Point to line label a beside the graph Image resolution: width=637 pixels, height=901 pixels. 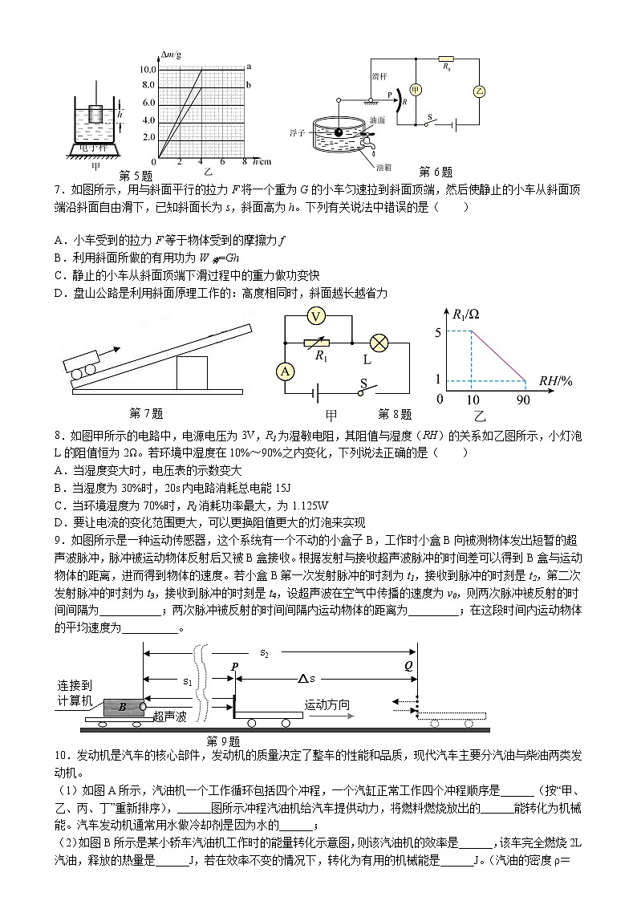(x=250, y=67)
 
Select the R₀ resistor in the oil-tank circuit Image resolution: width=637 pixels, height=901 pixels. (x=447, y=59)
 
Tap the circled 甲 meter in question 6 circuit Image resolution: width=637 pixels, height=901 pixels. (x=416, y=90)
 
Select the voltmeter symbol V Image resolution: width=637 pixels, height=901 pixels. (x=317, y=317)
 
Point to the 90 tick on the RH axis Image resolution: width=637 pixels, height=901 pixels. (x=525, y=399)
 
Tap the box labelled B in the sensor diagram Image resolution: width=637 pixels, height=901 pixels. (x=122, y=707)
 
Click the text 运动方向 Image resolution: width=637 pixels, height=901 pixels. (x=327, y=705)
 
